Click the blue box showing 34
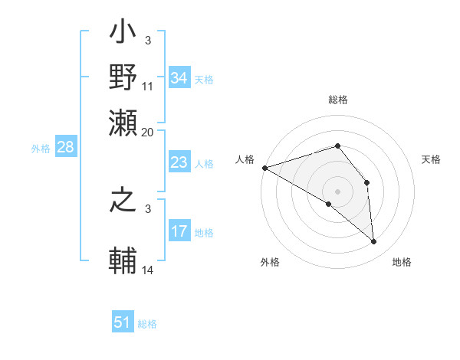179,78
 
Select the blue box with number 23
179,162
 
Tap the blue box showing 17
179,231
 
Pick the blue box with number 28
66,148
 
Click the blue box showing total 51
123,322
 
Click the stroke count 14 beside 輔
147,271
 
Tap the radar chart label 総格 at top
338,100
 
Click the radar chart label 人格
245,159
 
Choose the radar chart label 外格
270,262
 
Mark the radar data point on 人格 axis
264,168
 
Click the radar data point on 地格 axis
373,241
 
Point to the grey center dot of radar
338,191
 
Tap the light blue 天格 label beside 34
204,79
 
